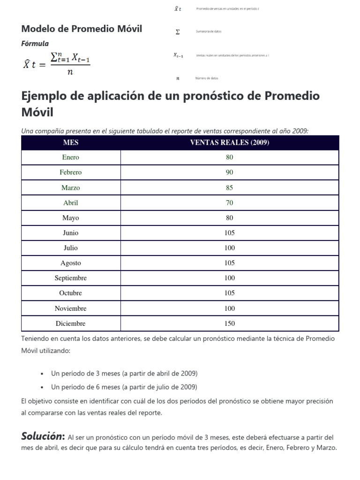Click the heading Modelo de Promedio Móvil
82,29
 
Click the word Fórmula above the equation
35,44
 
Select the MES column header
71,143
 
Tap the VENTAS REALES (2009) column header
229,143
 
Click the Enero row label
71,157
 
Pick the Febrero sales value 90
229,172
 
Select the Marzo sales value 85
229,187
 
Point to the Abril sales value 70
229,203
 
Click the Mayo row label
71,218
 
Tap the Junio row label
71,233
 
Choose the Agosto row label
71,263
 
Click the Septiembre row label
71,278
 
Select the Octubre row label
71,293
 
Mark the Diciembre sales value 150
229,323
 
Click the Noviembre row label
71,308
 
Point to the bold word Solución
43,436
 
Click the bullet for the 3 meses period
42,374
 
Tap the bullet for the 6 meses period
42,387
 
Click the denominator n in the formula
70,72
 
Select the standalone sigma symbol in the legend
177,32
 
